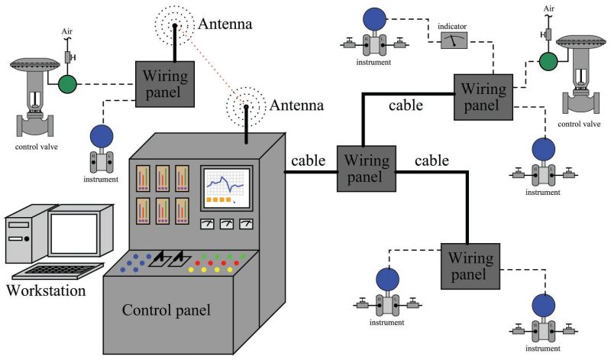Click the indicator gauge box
[x=457, y=41]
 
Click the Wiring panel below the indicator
[x=480, y=96]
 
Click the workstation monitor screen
[x=74, y=233]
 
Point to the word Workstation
[x=45, y=291]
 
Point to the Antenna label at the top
[x=225, y=24]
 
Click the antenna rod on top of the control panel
[x=247, y=122]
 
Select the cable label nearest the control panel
[x=309, y=161]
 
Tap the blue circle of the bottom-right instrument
[x=544, y=303]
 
